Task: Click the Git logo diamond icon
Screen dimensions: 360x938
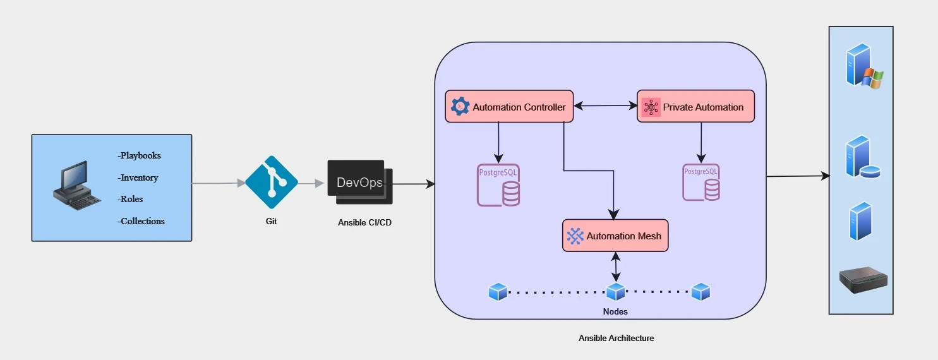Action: point(271,183)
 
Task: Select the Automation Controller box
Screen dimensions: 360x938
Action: point(509,107)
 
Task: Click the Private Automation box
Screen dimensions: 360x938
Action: point(695,107)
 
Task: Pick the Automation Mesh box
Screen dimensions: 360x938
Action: point(615,236)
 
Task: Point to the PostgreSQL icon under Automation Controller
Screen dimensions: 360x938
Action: point(498,185)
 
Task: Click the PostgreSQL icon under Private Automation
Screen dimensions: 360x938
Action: point(701,183)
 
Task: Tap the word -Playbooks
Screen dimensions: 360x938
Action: point(139,155)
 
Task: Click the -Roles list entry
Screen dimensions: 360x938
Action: point(130,199)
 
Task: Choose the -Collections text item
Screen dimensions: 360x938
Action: point(141,221)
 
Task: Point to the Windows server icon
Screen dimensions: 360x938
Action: point(863,66)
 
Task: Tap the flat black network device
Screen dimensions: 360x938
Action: point(863,279)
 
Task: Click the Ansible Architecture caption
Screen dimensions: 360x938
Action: point(616,338)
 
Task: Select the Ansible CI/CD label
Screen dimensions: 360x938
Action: point(364,222)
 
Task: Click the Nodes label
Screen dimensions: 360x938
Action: point(615,311)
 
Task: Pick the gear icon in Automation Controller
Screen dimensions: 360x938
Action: point(460,107)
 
